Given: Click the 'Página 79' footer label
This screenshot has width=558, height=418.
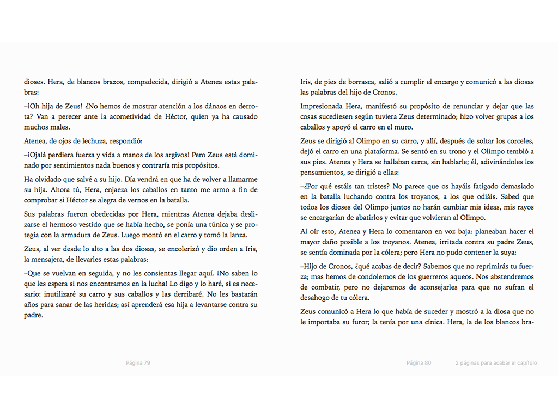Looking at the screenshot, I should [138, 363].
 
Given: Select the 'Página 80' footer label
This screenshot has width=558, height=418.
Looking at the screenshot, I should [418, 363].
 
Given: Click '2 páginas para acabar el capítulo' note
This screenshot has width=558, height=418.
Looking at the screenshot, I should [496, 363].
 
